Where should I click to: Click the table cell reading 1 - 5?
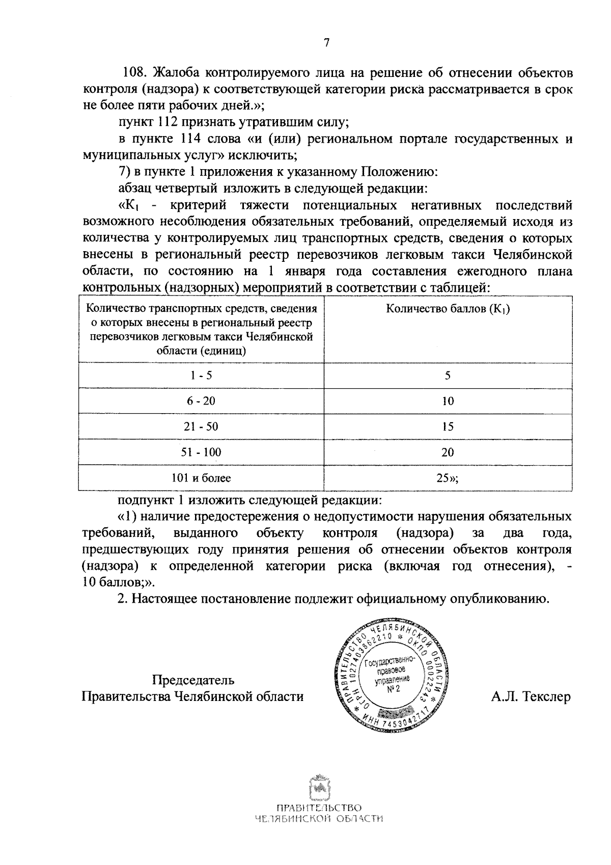coord(201,375)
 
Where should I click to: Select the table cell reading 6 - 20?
coord(201,401)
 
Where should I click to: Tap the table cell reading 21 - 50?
coord(201,426)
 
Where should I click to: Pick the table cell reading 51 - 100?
coord(201,452)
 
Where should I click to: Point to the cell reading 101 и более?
coord(201,478)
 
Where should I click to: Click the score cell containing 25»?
coord(448,478)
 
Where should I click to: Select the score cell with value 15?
coord(448,426)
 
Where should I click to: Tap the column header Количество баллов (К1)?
coord(448,309)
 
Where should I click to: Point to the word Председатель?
coord(193,680)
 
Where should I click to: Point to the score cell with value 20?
coord(448,452)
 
